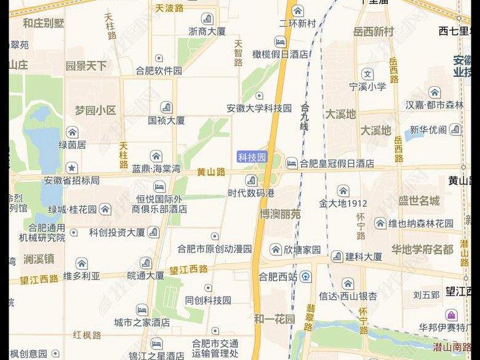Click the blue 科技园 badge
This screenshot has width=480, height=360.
tap(252, 158)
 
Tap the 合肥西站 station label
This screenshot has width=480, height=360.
tap(278, 276)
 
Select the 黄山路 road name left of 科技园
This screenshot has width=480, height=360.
tap(211, 172)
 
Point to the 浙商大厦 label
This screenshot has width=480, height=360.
tap(207, 31)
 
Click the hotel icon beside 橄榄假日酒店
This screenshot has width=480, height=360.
tap(280, 42)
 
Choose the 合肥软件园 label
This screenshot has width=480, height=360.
tap(159, 71)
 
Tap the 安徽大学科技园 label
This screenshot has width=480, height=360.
tap(259, 108)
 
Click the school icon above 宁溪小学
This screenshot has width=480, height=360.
tap(368, 74)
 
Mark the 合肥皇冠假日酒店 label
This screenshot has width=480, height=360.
tap(338, 164)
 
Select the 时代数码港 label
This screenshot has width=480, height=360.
tap(251, 193)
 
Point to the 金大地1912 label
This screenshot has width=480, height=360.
tap(343, 203)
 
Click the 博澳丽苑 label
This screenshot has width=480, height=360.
tap(280, 214)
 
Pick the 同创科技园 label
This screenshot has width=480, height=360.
tap(208, 300)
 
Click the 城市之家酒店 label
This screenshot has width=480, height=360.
tap(142, 322)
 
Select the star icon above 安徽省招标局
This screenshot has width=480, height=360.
tap(72, 168)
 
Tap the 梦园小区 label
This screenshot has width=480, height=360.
tap(95, 111)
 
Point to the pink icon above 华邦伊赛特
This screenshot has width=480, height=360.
tap(452, 315)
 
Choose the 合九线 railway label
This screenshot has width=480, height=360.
tap(304, 117)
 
